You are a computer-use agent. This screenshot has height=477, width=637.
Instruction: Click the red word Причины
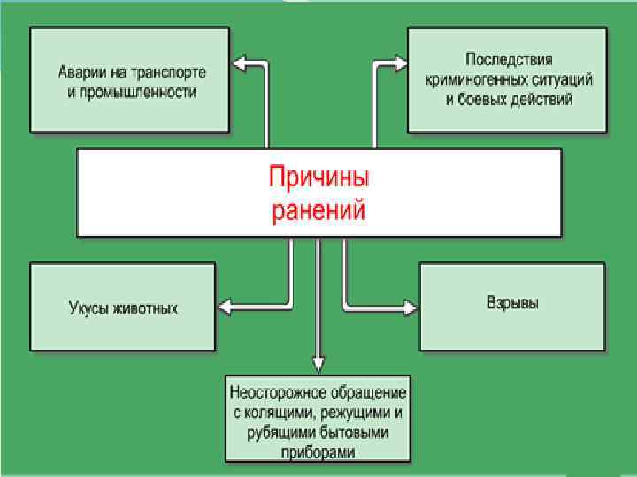(x=318, y=177)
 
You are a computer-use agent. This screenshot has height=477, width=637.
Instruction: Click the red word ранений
(x=318, y=211)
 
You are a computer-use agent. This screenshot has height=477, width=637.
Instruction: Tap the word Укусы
(x=88, y=309)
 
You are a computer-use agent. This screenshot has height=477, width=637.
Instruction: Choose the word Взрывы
(x=513, y=303)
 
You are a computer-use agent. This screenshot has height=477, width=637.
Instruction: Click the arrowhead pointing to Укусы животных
(x=225, y=307)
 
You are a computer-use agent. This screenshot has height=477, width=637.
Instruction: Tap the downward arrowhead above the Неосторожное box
(x=318, y=362)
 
